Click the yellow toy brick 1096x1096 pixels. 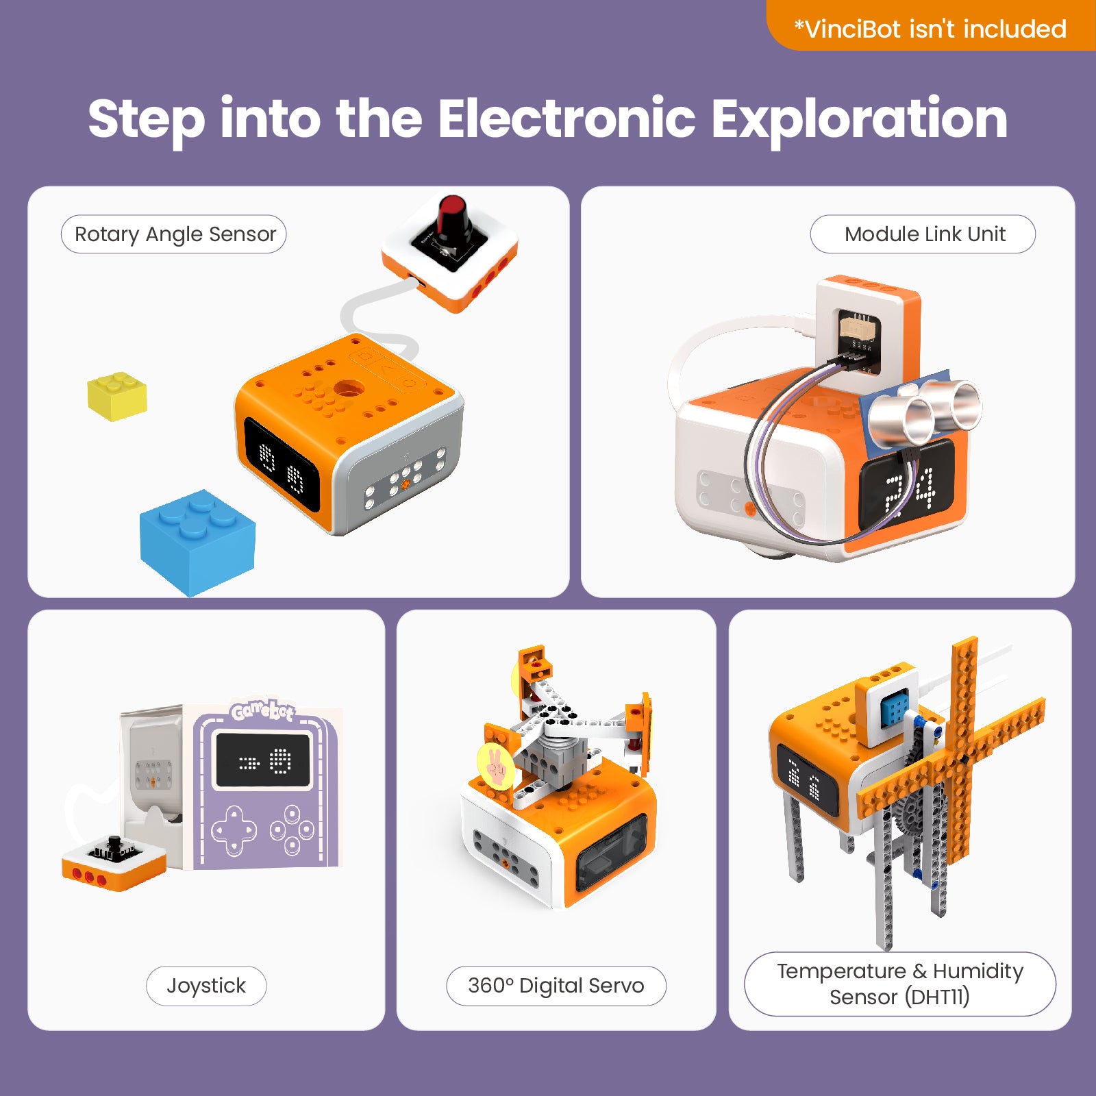click(117, 397)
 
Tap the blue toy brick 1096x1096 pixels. click(197, 543)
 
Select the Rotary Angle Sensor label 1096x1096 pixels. click(174, 234)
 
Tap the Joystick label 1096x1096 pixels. click(206, 986)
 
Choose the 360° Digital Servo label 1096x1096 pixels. click(556, 986)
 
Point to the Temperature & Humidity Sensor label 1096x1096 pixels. click(899, 984)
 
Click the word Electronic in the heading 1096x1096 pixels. click(566, 119)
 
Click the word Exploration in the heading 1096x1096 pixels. click(859, 119)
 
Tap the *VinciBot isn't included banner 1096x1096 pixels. click(930, 29)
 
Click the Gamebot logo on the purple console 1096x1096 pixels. click(262, 711)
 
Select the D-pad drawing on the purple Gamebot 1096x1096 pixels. click(234, 830)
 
